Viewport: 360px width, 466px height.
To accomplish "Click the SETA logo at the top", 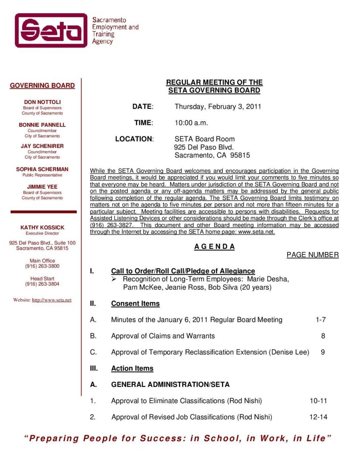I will (51, 30).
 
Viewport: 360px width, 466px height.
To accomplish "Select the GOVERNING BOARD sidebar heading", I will (42, 85).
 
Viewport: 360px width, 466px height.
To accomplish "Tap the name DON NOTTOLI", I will (42, 102).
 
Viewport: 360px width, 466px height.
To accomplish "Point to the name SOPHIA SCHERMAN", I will (42, 169).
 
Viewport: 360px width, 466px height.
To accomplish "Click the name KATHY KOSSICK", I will (42, 227).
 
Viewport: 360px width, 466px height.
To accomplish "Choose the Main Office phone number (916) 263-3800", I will (42, 266).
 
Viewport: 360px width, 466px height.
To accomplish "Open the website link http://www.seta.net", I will (52, 300).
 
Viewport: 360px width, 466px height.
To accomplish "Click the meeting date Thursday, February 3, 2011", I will (218, 107).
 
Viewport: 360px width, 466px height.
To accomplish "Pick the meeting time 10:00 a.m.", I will (191, 123).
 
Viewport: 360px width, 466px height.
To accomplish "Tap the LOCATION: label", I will (135, 139).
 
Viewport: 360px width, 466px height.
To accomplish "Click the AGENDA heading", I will (214, 247).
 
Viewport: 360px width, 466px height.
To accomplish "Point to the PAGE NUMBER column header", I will (312, 255).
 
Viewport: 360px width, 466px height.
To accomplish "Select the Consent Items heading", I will (135, 304).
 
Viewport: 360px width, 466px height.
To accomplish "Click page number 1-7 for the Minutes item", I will (320, 320).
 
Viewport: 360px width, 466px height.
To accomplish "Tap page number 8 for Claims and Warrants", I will (323, 336).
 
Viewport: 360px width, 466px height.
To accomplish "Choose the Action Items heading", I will (132, 368).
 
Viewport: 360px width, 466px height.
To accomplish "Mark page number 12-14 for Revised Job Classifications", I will (318, 417).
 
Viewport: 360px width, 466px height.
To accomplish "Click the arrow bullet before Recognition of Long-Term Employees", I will (114, 279).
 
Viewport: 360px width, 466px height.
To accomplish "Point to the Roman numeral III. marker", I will (94, 368).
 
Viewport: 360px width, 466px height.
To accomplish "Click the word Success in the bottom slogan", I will (163, 438).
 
